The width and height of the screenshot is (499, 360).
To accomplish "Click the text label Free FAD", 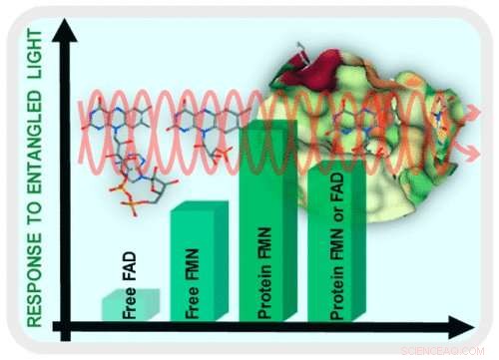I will (129, 289).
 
